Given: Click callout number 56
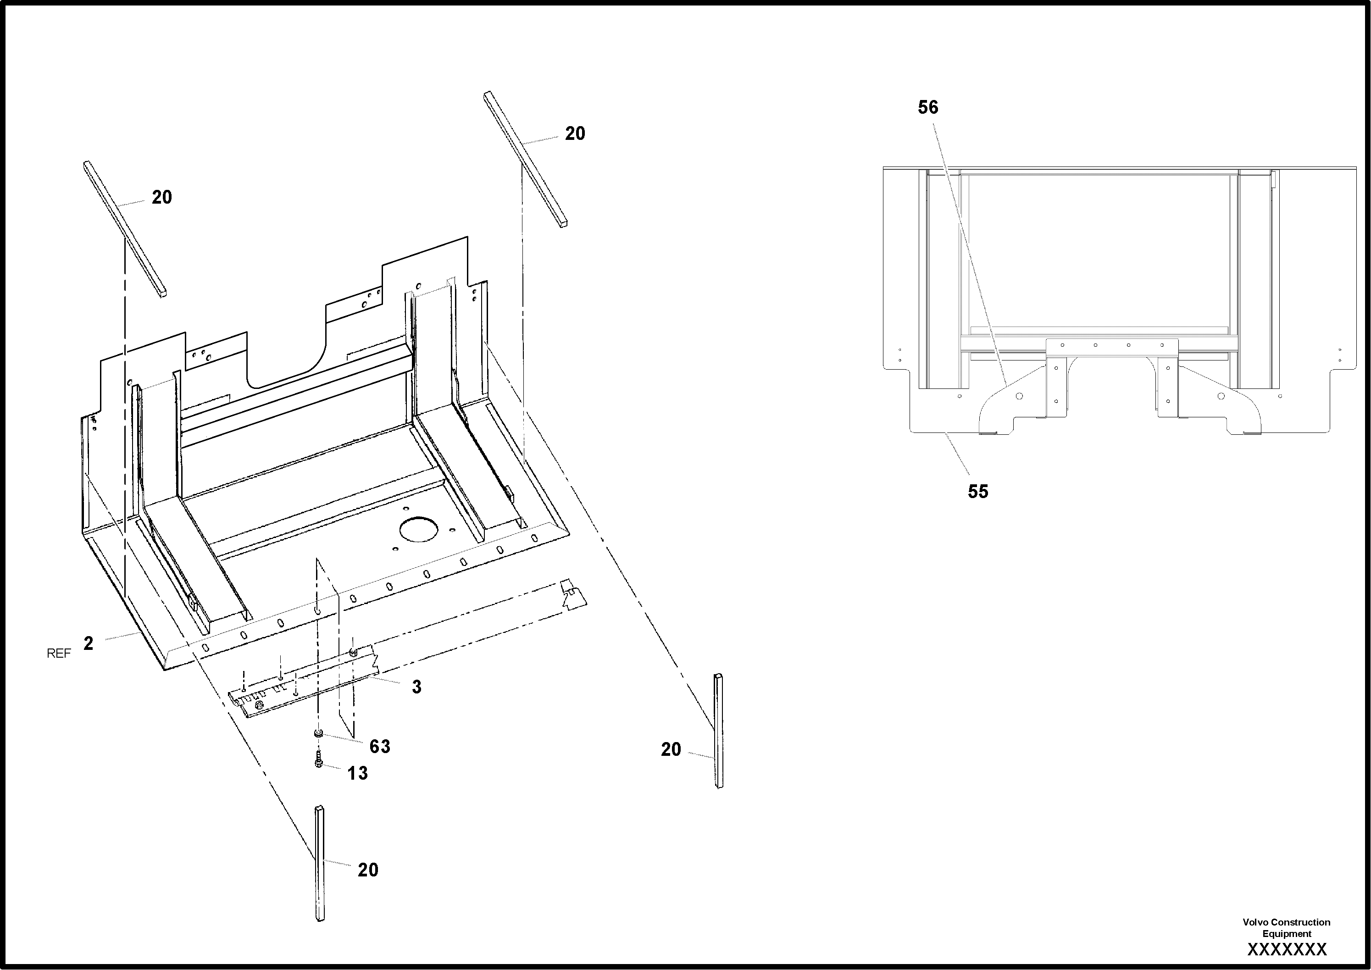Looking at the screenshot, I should point(928,107).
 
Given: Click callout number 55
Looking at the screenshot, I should point(978,492).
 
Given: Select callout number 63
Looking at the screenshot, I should point(380,746).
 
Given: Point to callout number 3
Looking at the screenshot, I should point(416,687).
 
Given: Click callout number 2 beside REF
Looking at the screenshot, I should point(89,643).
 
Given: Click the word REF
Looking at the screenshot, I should point(59,654).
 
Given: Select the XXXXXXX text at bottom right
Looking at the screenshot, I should point(1287,949).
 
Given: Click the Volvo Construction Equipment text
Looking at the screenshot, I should point(1286,928).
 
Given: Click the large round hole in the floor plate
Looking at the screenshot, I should point(419,529).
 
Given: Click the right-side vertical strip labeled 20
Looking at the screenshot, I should point(718,731).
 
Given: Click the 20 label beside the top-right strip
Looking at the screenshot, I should point(575,134).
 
